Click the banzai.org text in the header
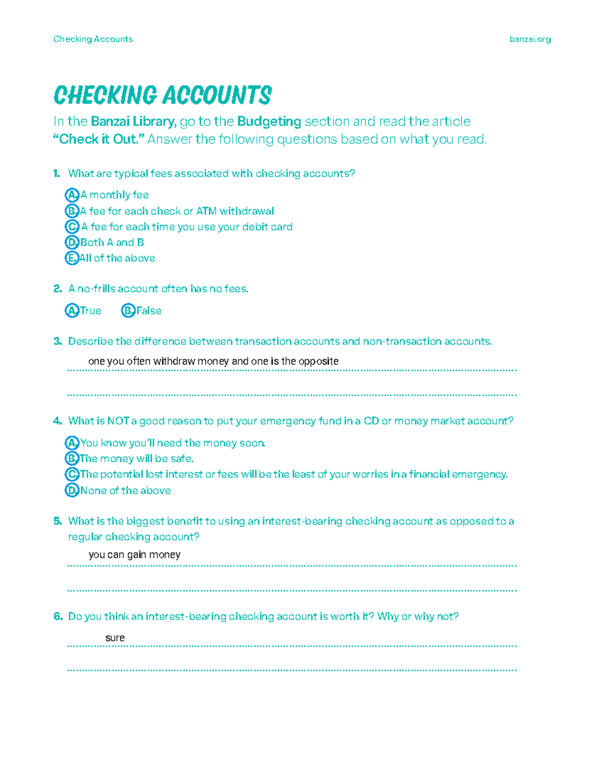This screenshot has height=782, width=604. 530,39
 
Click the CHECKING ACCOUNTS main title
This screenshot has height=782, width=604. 162,95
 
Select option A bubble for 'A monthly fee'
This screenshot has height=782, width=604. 72,195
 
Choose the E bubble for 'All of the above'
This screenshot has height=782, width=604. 72,258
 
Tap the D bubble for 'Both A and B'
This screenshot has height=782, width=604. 72,243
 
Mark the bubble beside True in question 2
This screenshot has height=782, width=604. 72,311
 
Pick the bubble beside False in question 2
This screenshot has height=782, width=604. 128,311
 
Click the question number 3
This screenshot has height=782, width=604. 57,341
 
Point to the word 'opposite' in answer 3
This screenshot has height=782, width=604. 318,362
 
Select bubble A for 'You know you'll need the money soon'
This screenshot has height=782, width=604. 72,443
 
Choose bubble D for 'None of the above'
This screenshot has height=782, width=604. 72,490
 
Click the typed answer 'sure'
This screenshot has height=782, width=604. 115,638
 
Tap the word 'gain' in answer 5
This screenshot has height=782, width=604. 136,555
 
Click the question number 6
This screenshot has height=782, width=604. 57,617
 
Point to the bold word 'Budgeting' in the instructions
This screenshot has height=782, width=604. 269,122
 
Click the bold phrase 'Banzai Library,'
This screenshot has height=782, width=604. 133,122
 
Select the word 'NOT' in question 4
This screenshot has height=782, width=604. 118,421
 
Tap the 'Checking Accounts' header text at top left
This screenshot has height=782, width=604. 93,39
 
